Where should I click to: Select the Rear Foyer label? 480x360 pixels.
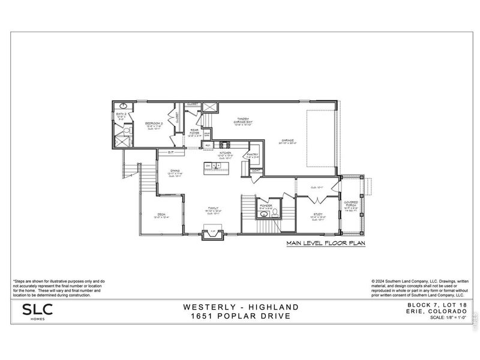click(x=195, y=133)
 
